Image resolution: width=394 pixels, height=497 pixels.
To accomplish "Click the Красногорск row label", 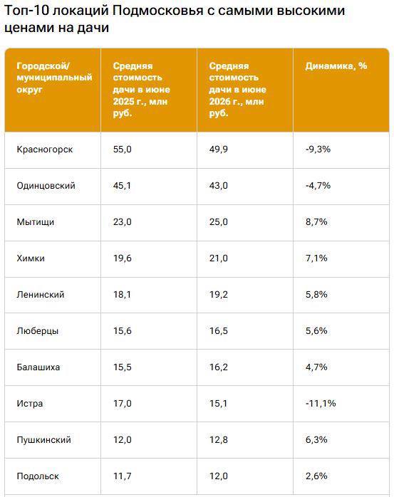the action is [45, 150].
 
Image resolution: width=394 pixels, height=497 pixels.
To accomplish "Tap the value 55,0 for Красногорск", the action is [122, 150].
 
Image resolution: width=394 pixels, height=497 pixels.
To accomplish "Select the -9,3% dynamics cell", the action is [318, 149].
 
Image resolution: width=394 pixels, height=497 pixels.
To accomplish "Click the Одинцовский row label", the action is [46, 185].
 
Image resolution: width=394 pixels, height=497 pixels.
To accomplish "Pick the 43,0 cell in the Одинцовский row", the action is [218, 185].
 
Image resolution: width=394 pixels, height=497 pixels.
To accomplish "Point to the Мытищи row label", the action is [36, 222].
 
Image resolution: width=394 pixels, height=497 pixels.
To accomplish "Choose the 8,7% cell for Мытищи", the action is [316, 221].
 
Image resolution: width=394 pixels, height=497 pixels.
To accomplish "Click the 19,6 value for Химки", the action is [122, 258].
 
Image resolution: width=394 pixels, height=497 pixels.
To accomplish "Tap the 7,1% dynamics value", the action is [316, 258].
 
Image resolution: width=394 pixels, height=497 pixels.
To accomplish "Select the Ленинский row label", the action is [41, 295].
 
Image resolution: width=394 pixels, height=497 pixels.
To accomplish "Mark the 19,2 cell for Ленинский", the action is [218, 295].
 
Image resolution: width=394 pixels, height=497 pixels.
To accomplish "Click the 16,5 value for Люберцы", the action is [218, 330].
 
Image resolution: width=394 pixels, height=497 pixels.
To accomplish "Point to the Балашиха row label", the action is [38, 367].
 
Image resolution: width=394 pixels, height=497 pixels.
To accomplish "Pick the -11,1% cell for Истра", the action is [321, 403].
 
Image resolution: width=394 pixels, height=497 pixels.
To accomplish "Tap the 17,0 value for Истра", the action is [122, 404].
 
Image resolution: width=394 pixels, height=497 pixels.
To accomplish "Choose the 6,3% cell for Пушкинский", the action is [316, 439].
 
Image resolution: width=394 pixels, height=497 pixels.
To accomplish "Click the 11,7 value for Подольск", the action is [122, 476].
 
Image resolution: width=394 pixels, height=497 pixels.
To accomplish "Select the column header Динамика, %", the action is [336, 66].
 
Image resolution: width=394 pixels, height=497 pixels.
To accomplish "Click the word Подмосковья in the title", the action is [157, 11].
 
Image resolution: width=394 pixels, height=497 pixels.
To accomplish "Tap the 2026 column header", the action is [237, 90].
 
